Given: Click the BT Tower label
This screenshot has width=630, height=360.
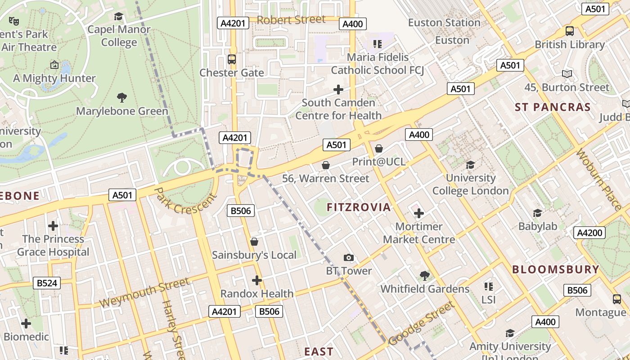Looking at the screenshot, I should pyautogui.click(x=349, y=271).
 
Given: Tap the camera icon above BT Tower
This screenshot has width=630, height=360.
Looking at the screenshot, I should pyautogui.click(x=349, y=258).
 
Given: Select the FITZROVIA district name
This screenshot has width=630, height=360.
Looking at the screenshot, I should pyautogui.click(x=359, y=207).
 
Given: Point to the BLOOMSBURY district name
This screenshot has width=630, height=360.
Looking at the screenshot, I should pyautogui.click(x=556, y=270).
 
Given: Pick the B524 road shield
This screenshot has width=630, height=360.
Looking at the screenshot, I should pyautogui.click(x=47, y=283).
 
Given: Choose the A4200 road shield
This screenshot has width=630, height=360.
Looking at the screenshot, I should pyautogui.click(x=589, y=233).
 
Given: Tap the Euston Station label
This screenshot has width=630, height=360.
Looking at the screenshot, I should pyautogui.click(x=444, y=22).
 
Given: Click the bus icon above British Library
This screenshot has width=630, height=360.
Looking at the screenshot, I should pyautogui.click(x=569, y=31).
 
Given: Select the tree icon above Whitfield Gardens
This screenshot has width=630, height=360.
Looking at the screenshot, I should pyautogui.click(x=424, y=275).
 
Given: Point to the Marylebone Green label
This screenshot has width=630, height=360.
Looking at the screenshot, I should pyautogui.click(x=122, y=111).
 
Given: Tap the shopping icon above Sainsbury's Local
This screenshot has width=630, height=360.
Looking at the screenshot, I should pyautogui.click(x=254, y=242).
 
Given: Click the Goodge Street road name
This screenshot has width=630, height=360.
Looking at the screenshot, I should pyautogui.click(x=422, y=324).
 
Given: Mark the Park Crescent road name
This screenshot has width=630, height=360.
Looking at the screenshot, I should pyautogui.click(x=185, y=201).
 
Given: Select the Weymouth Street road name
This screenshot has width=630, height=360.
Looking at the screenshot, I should pyautogui.click(x=144, y=292).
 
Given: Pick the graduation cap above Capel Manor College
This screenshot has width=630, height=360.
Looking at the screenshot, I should pyautogui.click(x=119, y=17).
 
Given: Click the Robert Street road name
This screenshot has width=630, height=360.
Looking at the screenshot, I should pyautogui.click(x=291, y=20).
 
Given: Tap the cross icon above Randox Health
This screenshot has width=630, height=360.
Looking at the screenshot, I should pyautogui.click(x=257, y=280).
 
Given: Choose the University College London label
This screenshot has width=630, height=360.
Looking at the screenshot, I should pyautogui.click(x=470, y=184).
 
